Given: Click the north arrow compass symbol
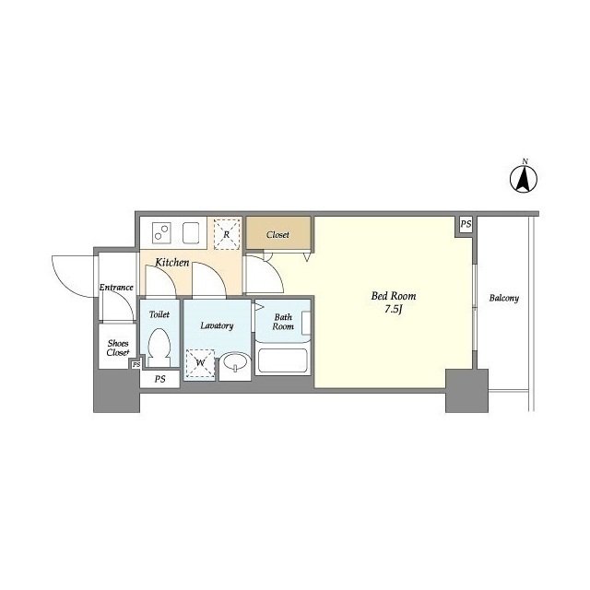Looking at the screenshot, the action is (x=524, y=179).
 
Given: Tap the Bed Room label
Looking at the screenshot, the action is (x=394, y=296).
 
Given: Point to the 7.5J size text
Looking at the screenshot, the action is (x=394, y=310).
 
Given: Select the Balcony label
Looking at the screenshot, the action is (x=504, y=298).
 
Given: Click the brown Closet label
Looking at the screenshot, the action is (x=277, y=235).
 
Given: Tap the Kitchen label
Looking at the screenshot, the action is (x=172, y=262).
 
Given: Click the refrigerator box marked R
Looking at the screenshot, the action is (x=227, y=234).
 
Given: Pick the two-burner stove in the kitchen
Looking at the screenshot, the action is (x=162, y=232).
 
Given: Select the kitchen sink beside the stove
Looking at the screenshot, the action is (x=191, y=233).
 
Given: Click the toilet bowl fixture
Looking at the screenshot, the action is (x=159, y=348).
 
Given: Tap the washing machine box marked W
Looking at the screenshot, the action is (x=200, y=363).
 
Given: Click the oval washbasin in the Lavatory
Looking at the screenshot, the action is (x=235, y=362).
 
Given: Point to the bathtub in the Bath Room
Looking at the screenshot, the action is (x=283, y=360).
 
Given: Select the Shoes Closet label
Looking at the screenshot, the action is (x=118, y=348).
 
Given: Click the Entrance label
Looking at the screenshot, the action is (x=116, y=287).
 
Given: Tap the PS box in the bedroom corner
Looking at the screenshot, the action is (x=466, y=224).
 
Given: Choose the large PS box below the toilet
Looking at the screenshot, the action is (x=159, y=379).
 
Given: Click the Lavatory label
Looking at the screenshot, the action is (x=217, y=325).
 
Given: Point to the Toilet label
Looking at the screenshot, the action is (x=159, y=314).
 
